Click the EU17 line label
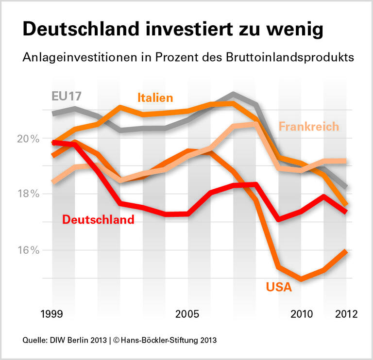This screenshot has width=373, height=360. (67, 96)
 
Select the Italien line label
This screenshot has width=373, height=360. (155, 98)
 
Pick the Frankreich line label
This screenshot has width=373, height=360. (308, 127)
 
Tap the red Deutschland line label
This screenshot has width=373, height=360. (98, 219)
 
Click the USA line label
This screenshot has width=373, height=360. (279, 287)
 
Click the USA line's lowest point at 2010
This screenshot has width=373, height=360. (301, 279)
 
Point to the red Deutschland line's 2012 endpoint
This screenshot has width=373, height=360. (345, 212)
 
